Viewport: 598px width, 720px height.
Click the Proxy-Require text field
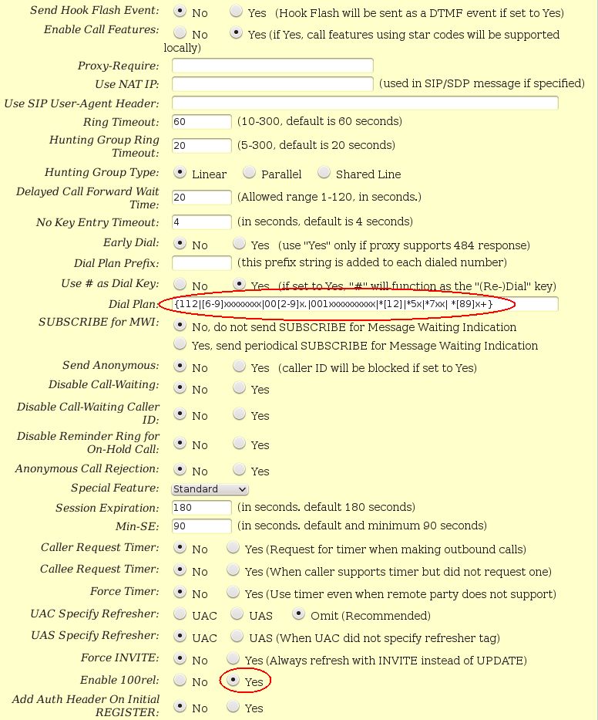tap(272, 66)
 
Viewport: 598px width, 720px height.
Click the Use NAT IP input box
tap(272, 83)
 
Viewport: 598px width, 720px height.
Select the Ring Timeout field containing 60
tap(201, 122)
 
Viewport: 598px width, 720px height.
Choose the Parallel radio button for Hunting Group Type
tap(250, 173)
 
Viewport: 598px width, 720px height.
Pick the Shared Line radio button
tap(324, 173)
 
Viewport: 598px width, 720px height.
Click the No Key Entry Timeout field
tap(201, 222)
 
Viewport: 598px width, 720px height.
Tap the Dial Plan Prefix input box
tap(201, 264)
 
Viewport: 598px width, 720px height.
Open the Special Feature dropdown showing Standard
tap(210, 489)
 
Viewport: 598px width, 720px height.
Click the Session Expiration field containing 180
tap(201, 508)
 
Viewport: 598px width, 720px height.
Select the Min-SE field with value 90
tap(201, 526)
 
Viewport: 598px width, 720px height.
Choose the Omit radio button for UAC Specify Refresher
tap(297, 615)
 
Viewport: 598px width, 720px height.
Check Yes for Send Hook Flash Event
tap(237, 12)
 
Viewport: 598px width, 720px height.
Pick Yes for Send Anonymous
tap(240, 367)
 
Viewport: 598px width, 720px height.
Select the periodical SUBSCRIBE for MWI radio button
tap(180, 344)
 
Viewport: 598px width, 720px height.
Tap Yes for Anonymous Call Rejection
tap(240, 470)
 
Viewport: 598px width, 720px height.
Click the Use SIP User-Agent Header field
tap(365, 103)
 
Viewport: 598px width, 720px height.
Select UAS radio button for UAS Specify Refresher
tap(237, 637)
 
